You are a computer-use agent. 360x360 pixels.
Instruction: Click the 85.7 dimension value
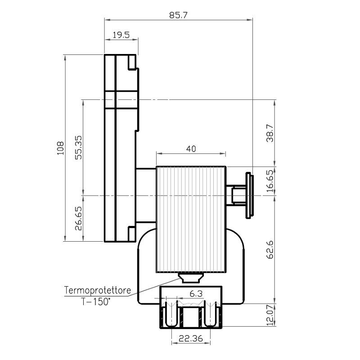(x=178, y=15)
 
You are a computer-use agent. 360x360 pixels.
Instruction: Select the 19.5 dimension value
(x=121, y=35)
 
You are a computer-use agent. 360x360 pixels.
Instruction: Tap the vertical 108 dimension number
(x=60, y=148)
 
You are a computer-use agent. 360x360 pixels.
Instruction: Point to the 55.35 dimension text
(x=78, y=148)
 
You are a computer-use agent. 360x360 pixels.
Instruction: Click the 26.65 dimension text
(x=78, y=218)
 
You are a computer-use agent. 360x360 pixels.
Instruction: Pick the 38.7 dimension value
(x=270, y=133)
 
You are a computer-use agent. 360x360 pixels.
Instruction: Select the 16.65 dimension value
(x=270, y=181)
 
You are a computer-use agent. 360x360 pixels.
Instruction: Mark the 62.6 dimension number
(x=270, y=250)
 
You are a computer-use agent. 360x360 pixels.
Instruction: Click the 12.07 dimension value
(x=270, y=315)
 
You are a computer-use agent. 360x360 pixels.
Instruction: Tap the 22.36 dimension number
(x=191, y=338)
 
